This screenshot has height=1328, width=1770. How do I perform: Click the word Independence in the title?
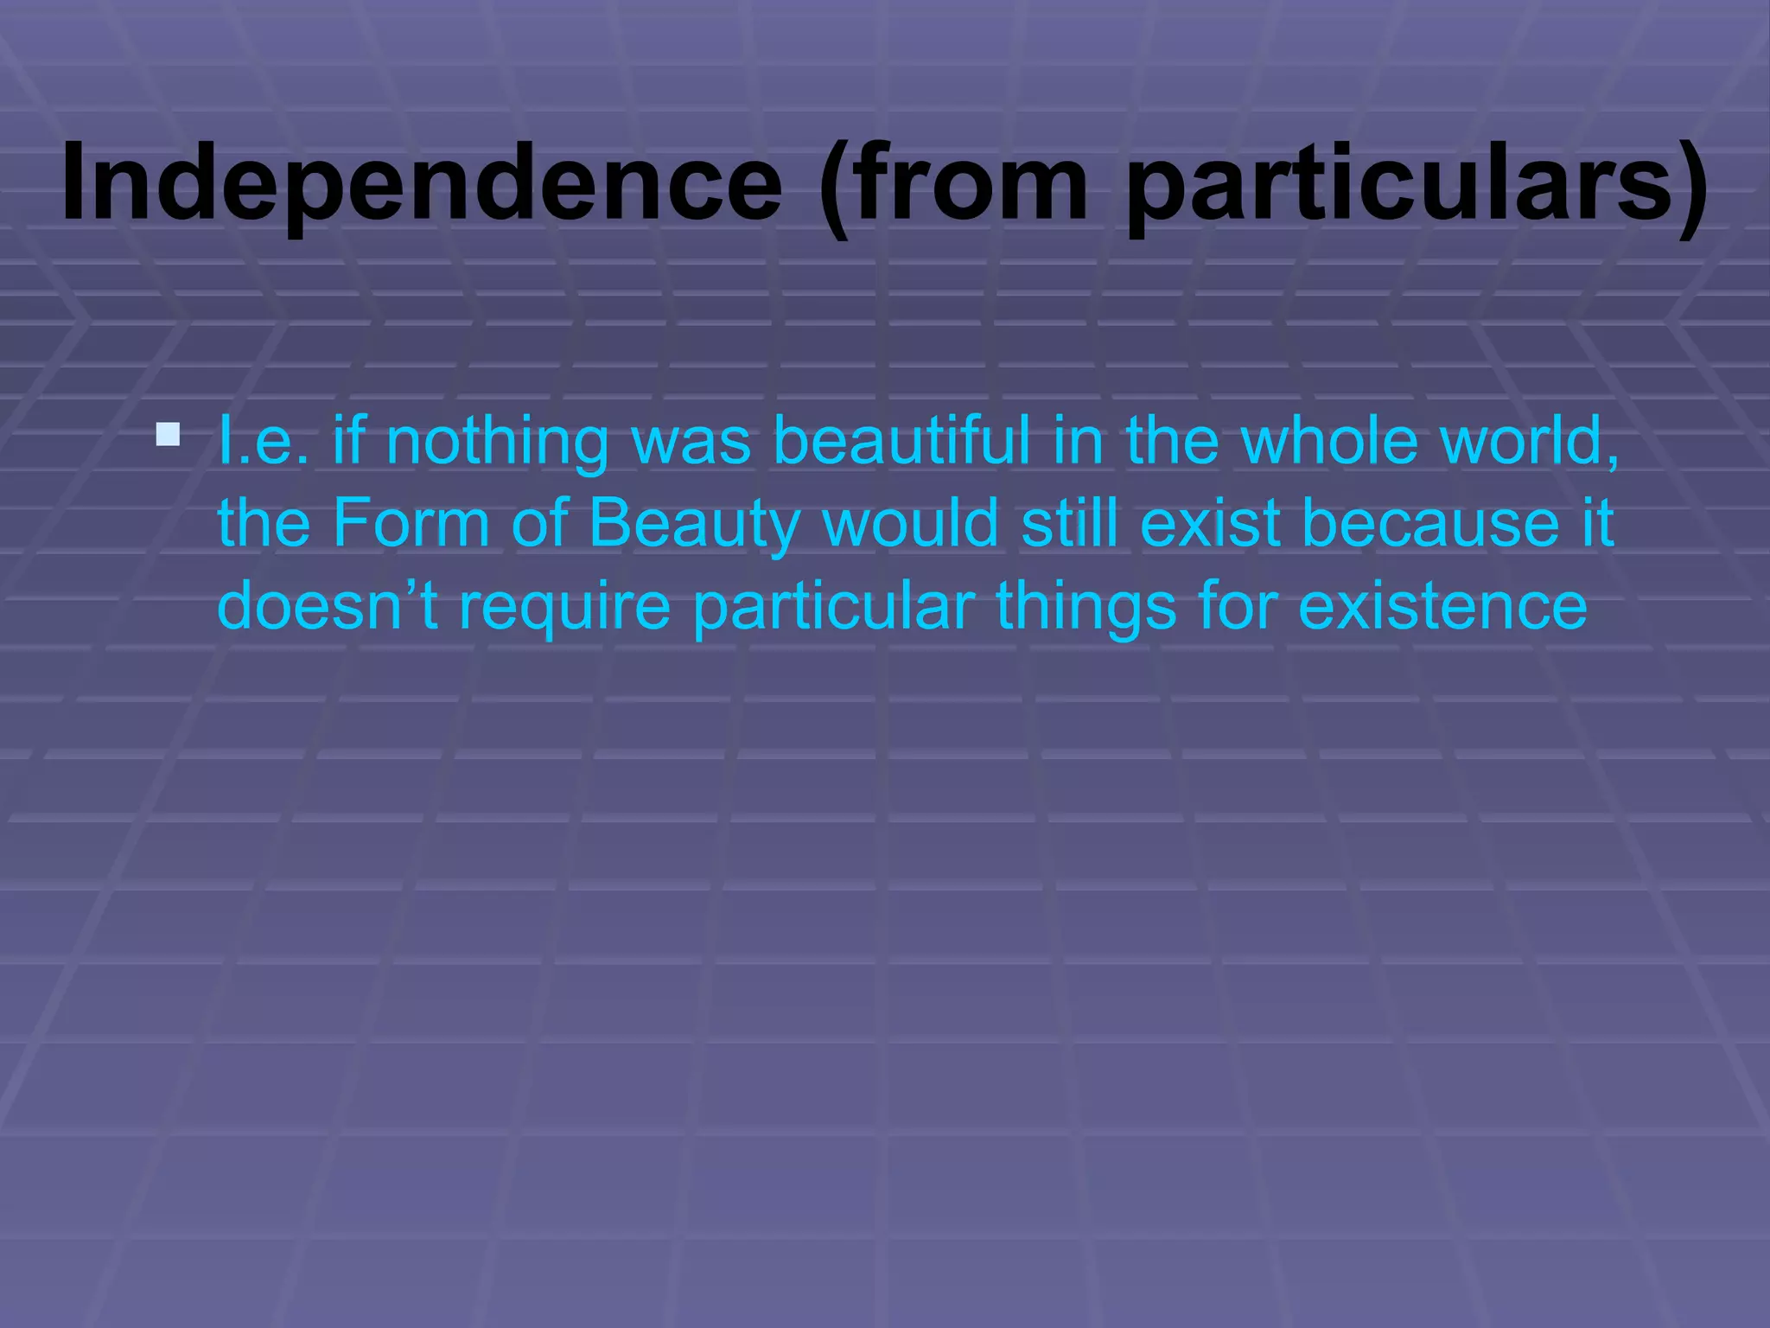point(422,184)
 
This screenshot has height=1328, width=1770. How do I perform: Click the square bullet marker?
point(169,434)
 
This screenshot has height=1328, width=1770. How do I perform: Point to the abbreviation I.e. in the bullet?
point(263,441)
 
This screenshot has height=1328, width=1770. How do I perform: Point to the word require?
point(564,607)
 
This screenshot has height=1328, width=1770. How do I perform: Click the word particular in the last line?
point(834,607)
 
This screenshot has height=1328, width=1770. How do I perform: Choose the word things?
point(1086,607)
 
